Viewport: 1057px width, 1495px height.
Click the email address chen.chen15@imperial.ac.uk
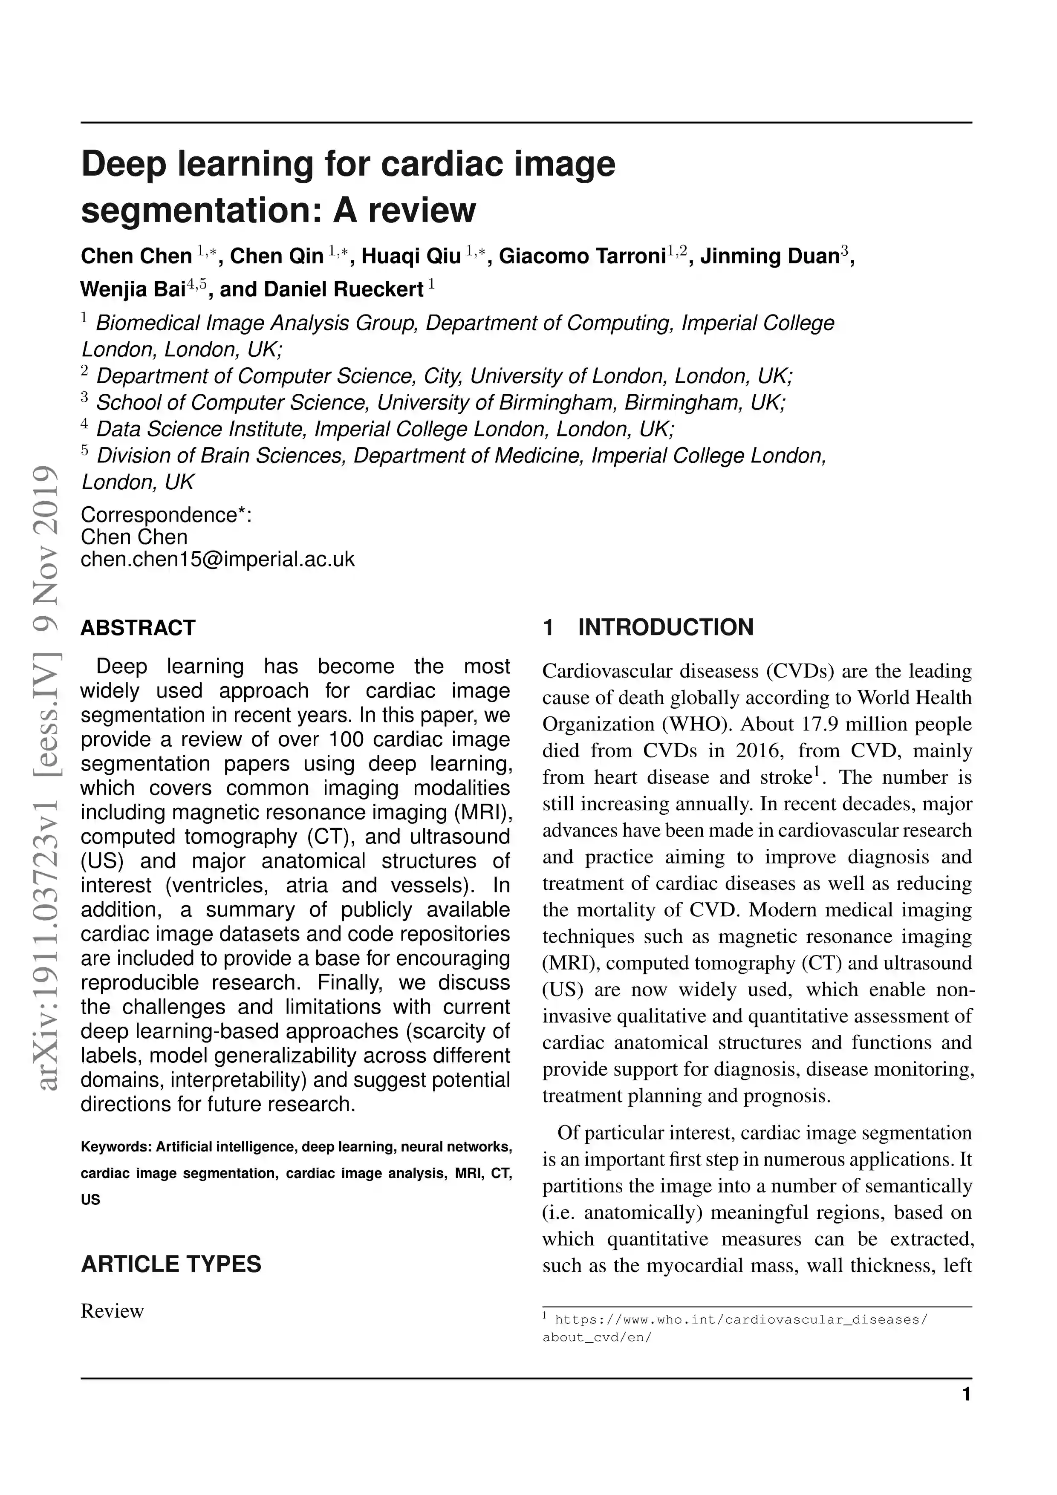(x=217, y=559)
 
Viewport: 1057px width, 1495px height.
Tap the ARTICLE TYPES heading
(x=170, y=1264)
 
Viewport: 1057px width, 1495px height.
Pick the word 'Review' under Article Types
(x=112, y=1311)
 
